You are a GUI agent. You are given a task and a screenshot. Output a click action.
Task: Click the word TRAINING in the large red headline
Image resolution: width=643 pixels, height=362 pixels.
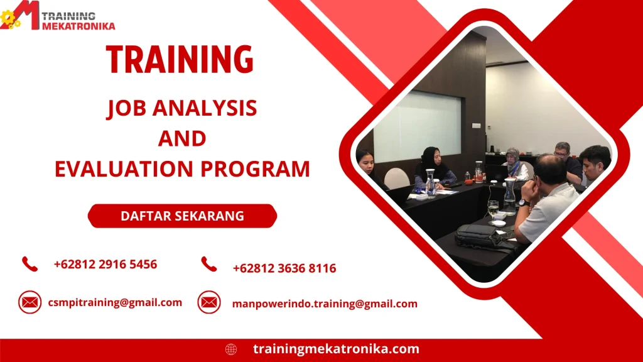(x=180, y=60)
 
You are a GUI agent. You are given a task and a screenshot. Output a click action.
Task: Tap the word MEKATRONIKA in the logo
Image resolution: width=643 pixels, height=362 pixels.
(x=78, y=26)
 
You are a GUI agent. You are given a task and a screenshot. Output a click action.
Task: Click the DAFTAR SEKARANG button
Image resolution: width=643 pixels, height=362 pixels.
(x=182, y=216)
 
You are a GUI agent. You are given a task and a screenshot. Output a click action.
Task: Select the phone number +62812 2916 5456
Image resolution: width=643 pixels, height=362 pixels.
(x=105, y=264)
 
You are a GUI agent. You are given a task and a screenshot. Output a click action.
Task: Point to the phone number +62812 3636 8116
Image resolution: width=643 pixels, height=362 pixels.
(x=284, y=268)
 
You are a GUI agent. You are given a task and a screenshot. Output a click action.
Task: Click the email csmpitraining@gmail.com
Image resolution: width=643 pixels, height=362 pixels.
(x=115, y=302)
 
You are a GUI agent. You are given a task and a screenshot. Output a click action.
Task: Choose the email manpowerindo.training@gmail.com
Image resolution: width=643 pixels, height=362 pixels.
(x=325, y=304)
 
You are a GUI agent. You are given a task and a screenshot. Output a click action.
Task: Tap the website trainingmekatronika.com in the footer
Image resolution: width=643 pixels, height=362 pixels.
(x=336, y=349)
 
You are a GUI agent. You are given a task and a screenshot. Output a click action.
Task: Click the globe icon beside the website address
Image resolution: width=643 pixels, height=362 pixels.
(x=231, y=349)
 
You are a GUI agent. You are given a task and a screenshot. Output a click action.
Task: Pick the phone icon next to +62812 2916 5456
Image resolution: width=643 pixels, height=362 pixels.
(x=30, y=264)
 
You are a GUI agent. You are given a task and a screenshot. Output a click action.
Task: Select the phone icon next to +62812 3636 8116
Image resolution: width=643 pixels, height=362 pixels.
(x=209, y=265)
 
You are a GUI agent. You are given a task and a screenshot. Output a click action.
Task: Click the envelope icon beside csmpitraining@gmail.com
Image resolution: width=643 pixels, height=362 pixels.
(x=30, y=302)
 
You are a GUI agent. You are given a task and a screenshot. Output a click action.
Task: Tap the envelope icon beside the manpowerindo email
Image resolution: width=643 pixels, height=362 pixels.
(x=209, y=302)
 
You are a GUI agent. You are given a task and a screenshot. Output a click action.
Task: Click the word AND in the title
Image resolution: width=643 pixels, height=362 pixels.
(x=182, y=138)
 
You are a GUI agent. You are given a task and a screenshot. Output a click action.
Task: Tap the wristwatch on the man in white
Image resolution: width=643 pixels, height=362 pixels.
(x=522, y=203)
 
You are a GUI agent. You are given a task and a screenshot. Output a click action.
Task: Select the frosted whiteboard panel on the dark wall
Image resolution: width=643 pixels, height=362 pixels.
(x=417, y=125)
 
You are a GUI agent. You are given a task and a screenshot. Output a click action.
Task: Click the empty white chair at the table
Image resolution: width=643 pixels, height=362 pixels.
(x=396, y=178)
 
